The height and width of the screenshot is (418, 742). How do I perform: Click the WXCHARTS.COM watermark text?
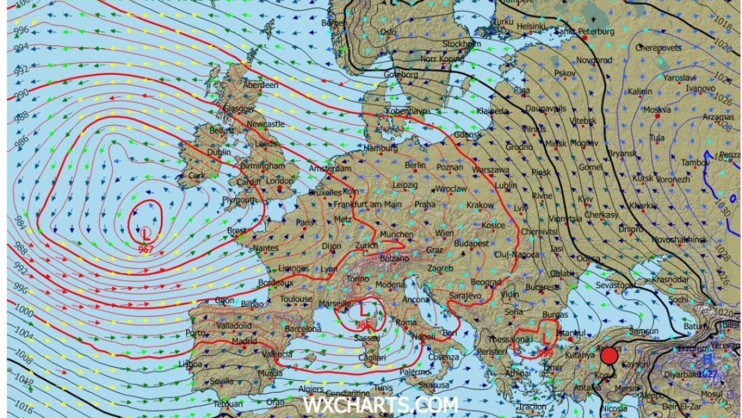(x=380, y=405)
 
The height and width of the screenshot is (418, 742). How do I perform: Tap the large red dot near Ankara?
(x=609, y=356)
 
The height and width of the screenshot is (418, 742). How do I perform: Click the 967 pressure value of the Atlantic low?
(x=146, y=250)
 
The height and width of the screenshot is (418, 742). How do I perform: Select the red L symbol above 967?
(x=146, y=235)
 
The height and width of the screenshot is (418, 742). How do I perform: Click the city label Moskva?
(x=657, y=110)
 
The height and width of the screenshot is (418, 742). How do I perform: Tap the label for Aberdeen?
(x=261, y=85)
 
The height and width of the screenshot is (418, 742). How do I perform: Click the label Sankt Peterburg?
(x=585, y=31)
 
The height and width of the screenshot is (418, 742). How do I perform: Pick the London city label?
(x=279, y=181)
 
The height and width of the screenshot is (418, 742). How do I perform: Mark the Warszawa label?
(x=490, y=170)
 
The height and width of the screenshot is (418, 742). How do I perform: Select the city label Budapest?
(x=471, y=244)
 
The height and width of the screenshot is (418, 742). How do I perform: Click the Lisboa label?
(x=190, y=364)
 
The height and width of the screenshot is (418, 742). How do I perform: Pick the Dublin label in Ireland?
(x=219, y=152)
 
